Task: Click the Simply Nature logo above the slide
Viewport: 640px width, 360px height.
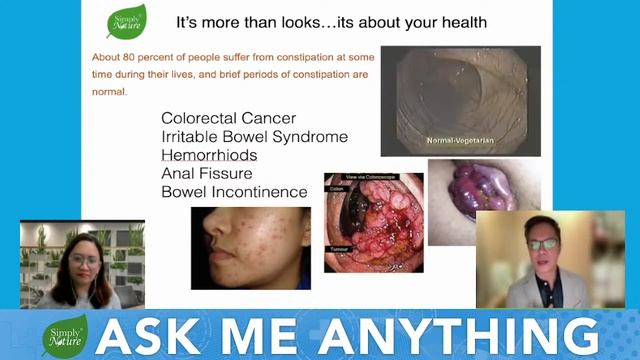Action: (x=125, y=21)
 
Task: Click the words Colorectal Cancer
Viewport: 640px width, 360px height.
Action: (x=228, y=118)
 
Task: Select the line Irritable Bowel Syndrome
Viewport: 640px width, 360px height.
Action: (x=254, y=137)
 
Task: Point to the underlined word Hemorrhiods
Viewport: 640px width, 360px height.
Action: (x=209, y=155)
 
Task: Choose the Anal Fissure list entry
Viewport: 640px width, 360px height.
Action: (x=206, y=173)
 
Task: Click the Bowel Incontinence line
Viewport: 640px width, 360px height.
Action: (x=234, y=191)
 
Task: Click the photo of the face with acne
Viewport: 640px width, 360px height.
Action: (x=250, y=247)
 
